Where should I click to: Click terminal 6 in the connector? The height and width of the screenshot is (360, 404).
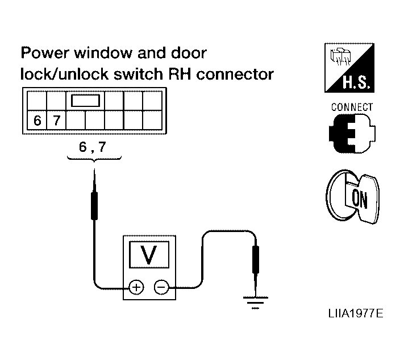tap(38, 120)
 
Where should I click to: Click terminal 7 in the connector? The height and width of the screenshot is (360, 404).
tap(56, 120)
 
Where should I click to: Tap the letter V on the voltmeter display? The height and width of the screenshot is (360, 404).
tap(149, 255)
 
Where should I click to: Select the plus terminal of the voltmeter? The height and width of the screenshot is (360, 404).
tap(136, 287)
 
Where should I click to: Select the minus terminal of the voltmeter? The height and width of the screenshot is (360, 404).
tap(161, 287)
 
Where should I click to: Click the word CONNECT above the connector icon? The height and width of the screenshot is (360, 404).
tap(352, 107)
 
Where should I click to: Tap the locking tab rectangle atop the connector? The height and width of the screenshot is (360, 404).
tap(85, 101)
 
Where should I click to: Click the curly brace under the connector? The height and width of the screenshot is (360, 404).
tap(94, 161)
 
